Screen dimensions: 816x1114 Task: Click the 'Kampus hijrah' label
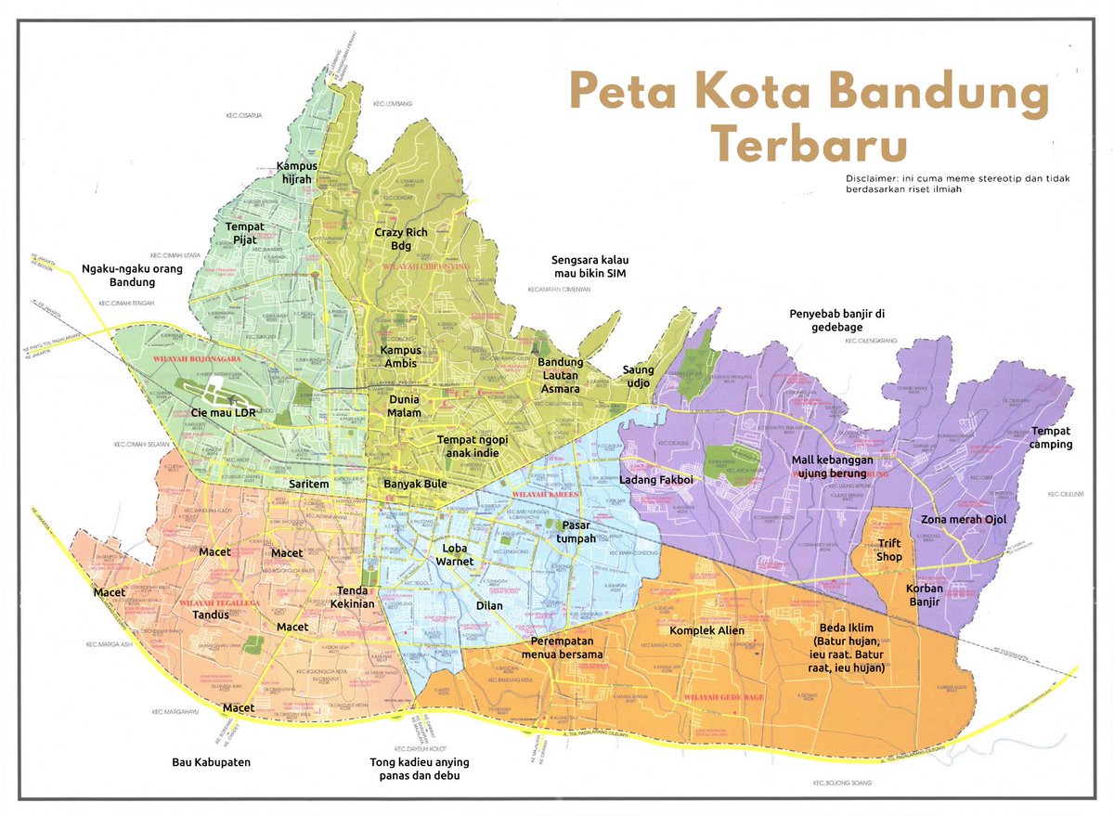pyautogui.click(x=297, y=173)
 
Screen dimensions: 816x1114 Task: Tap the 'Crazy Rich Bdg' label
pyautogui.click(x=394, y=239)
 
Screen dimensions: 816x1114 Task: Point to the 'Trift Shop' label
pyautogui.click(x=889, y=551)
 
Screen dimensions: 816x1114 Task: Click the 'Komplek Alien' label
pyautogui.click(x=707, y=631)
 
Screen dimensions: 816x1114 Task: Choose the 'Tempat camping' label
pyautogui.click(x=1051, y=437)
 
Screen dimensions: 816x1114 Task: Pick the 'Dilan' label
pyautogui.click(x=488, y=605)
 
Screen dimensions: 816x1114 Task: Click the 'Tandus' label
pyautogui.click(x=210, y=615)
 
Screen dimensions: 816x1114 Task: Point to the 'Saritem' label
pyautogui.click(x=309, y=485)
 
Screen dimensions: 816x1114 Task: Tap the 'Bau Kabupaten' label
pyautogui.click(x=212, y=763)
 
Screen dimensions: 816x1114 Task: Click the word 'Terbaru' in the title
pyautogui.click(x=810, y=146)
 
